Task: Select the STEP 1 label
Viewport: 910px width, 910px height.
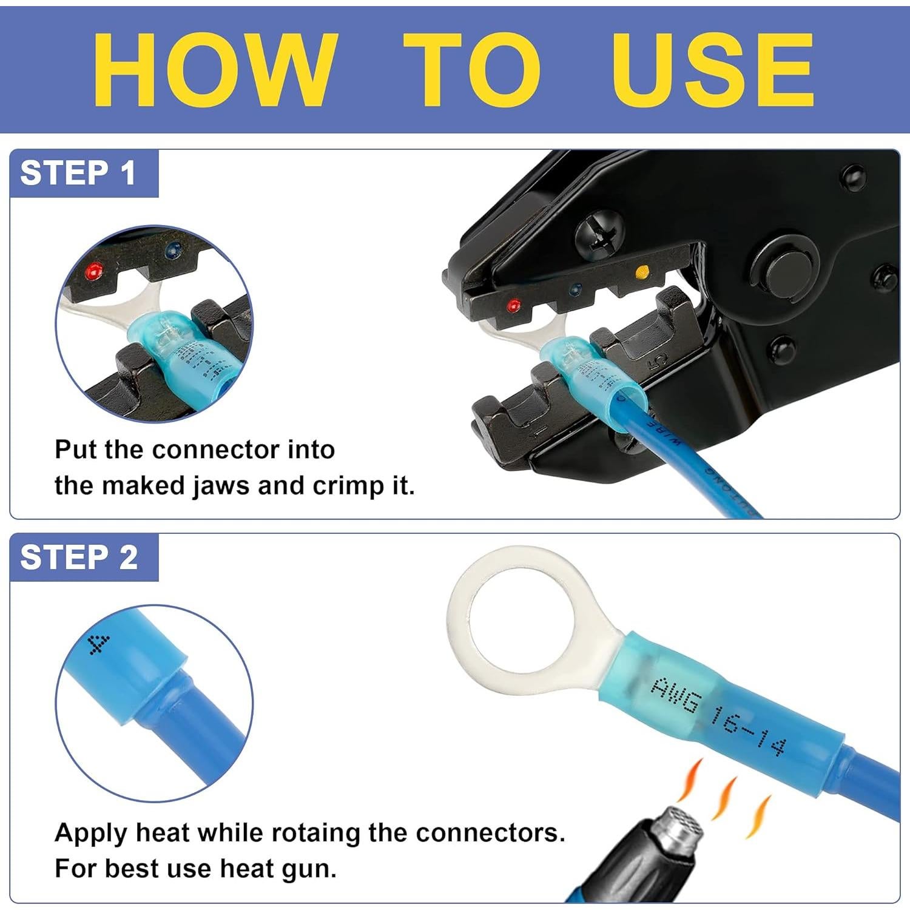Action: tap(78, 174)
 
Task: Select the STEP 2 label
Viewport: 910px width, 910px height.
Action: tap(79, 558)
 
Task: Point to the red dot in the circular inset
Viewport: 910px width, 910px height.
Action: tap(93, 268)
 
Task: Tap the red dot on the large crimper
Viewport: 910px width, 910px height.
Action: tap(514, 303)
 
